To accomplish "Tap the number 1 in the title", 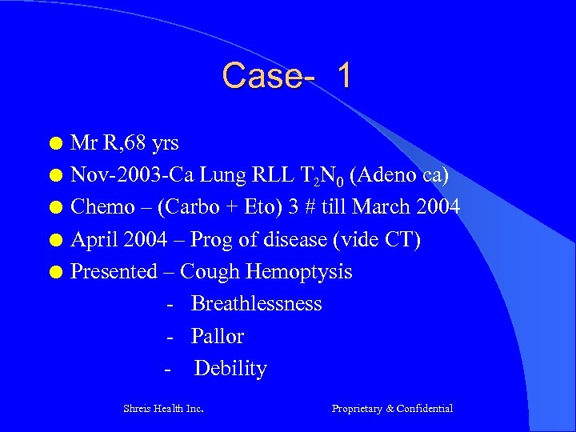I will pos(344,76).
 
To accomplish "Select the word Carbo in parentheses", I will pos(182,208).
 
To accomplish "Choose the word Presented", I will pos(114,272).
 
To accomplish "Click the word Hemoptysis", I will pos(298,272).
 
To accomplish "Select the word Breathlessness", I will pos(256,304).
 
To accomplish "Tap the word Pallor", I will pos(218,337).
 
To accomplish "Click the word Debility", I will pos(230,369).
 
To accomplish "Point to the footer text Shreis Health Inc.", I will pos(163,409).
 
